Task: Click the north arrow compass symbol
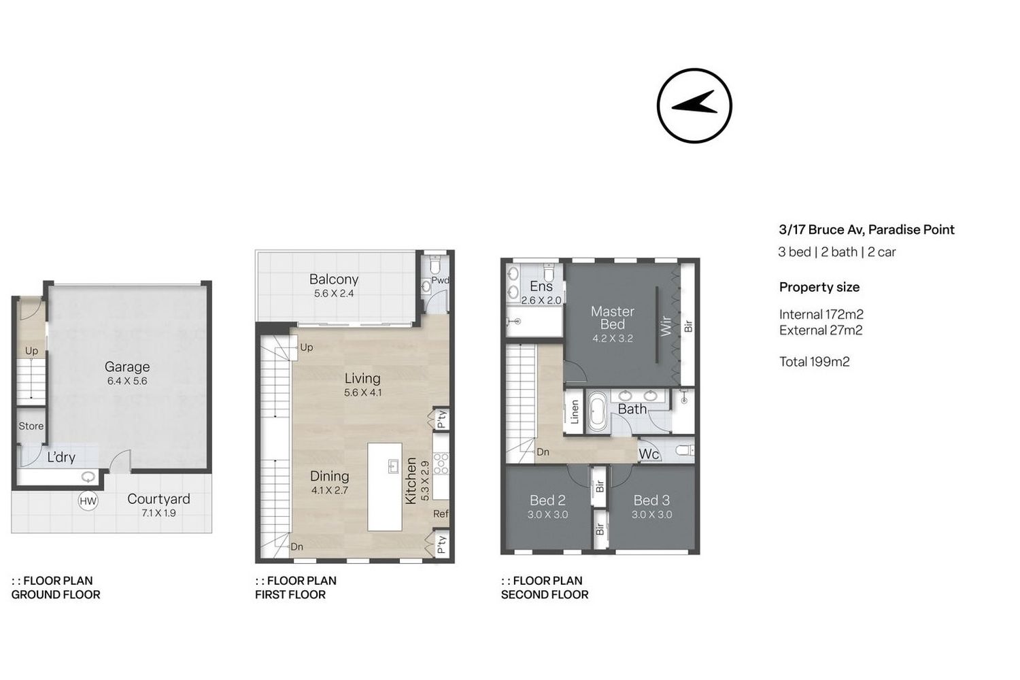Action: (x=694, y=105)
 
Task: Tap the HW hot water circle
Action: (x=88, y=501)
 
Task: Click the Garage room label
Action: (x=127, y=367)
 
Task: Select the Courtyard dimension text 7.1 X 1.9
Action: (x=158, y=513)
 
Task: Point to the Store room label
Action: (x=31, y=426)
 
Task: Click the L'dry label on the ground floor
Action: (x=61, y=457)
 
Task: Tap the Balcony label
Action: (x=334, y=279)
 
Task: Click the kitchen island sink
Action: (x=394, y=466)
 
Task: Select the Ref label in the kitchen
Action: (x=441, y=514)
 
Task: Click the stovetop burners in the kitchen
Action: (x=441, y=463)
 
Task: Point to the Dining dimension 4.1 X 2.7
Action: (x=329, y=490)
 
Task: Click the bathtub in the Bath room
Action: (x=596, y=411)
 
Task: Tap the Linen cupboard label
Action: (x=574, y=411)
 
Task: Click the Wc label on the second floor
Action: (x=649, y=454)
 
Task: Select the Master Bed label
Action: (x=613, y=318)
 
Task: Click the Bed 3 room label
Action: (x=651, y=500)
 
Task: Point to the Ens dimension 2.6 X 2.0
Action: (x=541, y=300)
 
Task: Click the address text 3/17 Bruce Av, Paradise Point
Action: (x=866, y=230)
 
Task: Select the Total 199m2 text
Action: (x=814, y=362)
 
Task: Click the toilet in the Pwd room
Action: (x=436, y=263)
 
